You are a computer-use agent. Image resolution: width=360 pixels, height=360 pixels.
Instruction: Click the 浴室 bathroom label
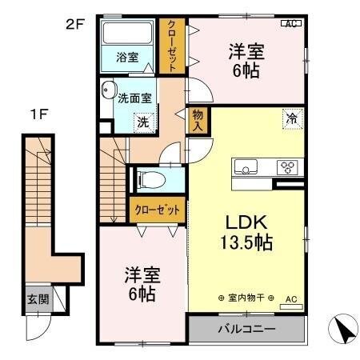127,57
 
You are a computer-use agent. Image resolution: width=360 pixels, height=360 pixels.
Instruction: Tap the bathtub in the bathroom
127,33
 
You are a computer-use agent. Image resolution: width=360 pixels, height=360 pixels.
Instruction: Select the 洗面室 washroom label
134,98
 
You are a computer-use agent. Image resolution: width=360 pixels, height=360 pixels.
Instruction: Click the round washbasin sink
109,90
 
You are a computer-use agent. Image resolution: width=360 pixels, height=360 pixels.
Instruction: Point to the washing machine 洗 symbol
143,122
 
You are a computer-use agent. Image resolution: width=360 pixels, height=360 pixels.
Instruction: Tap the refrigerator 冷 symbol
293,119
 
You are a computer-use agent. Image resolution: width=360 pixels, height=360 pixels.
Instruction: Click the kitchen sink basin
246,166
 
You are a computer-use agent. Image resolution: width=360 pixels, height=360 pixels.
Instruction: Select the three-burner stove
287,167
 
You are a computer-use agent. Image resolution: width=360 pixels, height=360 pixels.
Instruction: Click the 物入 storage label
198,120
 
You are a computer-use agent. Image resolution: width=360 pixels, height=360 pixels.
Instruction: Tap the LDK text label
246,222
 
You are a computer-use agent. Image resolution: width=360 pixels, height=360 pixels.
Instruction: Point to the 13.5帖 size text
246,242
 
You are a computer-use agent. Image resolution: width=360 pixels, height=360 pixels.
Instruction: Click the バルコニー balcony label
246,329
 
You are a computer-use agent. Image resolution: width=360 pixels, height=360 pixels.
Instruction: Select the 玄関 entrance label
38,299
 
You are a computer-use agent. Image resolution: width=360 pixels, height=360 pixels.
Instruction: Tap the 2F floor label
75,25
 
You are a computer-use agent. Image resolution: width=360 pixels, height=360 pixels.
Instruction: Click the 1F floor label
38,115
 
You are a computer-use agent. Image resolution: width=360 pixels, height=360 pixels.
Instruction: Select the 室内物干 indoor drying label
246,298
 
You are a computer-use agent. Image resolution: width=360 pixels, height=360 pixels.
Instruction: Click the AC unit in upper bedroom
291,23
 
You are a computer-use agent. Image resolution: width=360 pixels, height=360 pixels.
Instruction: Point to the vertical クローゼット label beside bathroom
171,46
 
